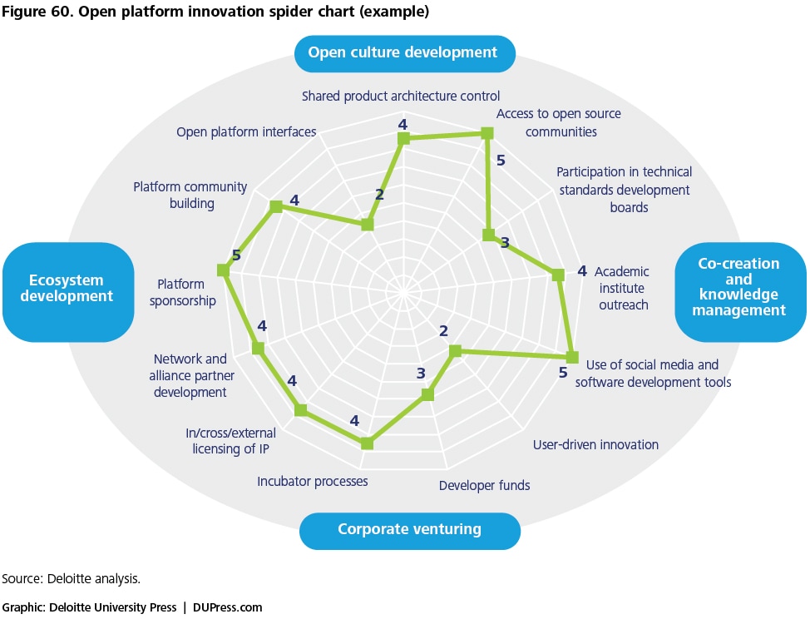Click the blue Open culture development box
click(404, 53)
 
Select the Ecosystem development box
click(68, 292)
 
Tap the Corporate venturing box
click(410, 531)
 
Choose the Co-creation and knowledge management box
click(740, 292)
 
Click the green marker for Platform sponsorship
click(223, 270)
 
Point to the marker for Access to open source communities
click(486, 134)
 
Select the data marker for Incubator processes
click(367, 443)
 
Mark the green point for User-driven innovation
click(455, 351)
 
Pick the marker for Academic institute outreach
click(558, 275)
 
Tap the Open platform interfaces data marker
click(368, 225)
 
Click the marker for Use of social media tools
click(572, 357)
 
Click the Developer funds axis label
click(485, 486)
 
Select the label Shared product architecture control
click(401, 97)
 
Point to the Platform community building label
click(190, 195)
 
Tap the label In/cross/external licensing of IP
click(231, 441)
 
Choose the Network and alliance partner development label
click(191, 375)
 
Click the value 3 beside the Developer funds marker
click(421, 373)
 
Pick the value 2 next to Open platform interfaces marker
click(380, 195)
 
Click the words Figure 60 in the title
click(37, 12)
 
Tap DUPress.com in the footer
click(227, 607)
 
